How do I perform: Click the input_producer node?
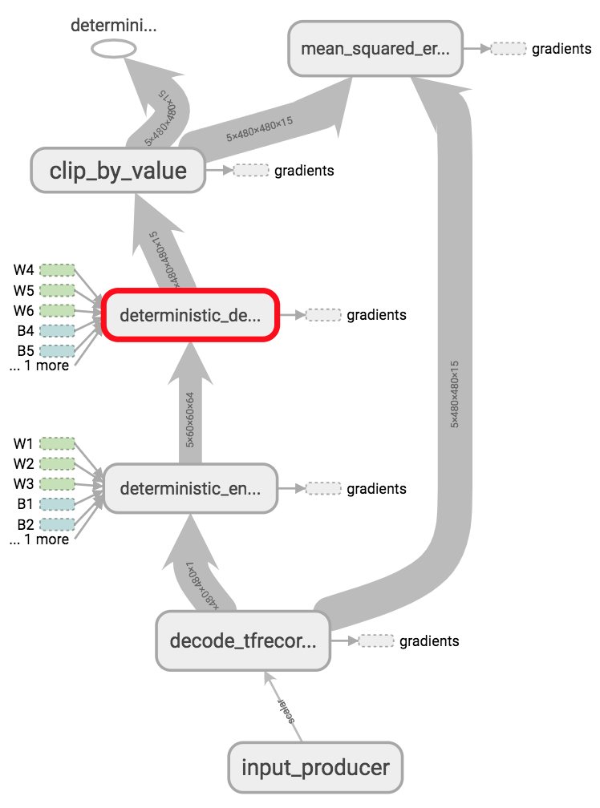coord(315,767)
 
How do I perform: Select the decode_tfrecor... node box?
coord(243,640)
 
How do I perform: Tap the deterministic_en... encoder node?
coord(190,488)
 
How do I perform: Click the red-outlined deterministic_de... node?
coord(189,315)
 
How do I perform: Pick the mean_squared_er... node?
coord(375,48)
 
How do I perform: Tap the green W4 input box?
coord(57,269)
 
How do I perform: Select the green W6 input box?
coord(57,309)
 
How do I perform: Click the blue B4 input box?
coord(57,330)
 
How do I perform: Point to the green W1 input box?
coord(57,443)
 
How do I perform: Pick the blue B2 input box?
coord(57,524)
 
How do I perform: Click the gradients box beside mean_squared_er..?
coord(508,48)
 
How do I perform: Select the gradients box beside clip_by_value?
coord(250,170)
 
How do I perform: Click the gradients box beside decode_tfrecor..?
coord(376,640)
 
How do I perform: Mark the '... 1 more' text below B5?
coord(39,366)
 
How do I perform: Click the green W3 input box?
coord(57,483)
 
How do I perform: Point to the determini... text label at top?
coord(113,25)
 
